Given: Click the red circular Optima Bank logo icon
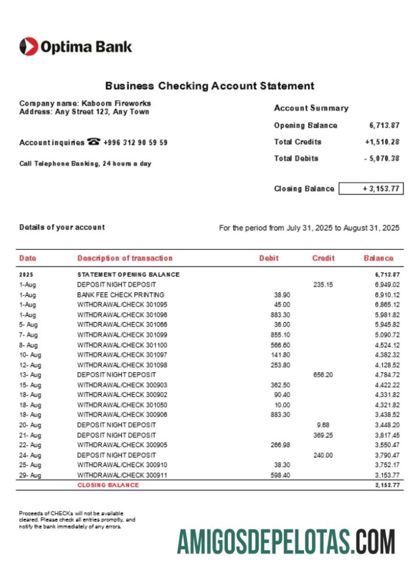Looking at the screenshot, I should [x=29, y=47].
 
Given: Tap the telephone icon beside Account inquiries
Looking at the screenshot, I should [x=93, y=142].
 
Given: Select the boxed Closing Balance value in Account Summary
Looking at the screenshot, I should [x=370, y=189].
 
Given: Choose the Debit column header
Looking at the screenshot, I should [x=269, y=258].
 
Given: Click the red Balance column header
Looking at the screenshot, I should [x=379, y=258].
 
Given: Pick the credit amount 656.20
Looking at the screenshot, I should [x=323, y=374].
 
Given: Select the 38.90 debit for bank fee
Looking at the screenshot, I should [x=282, y=295].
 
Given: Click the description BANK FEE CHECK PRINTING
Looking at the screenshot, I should [x=121, y=295].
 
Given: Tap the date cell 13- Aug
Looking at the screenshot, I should [x=29, y=374].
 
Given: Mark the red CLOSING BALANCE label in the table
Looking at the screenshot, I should [x=108, y=485].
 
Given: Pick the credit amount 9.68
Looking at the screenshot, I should [x=323, y=425].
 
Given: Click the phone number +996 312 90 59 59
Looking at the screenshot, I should [x=135, y=142].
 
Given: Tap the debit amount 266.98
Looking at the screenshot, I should [x=281, y=445].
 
